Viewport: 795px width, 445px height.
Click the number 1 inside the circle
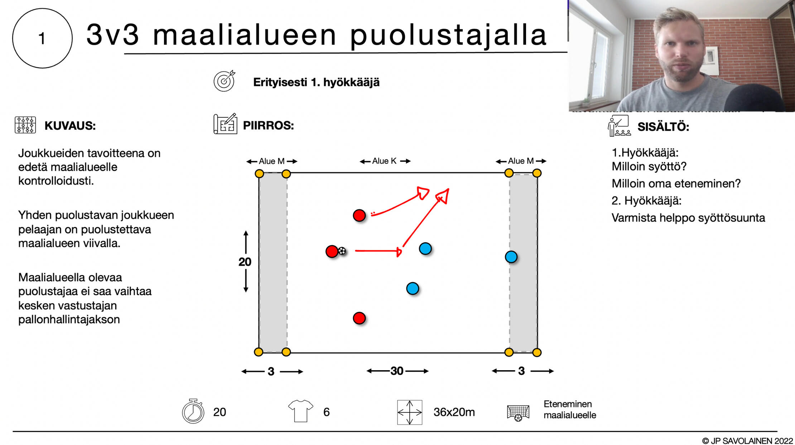[42, 38]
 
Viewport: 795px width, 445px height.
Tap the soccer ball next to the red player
[342, 251]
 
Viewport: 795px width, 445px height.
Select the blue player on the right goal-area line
[511, 257]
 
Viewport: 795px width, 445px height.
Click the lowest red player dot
[359, 318]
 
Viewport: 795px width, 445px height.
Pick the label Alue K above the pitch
[384, 161]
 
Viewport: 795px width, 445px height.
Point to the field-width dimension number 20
[245, 262]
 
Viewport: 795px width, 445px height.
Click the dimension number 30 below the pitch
[397, 371]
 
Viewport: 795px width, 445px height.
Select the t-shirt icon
[300, 411]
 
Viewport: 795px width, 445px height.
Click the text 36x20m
[454, 412]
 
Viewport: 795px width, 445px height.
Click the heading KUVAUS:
[70, 126]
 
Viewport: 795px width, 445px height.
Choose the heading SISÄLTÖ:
[663, 127]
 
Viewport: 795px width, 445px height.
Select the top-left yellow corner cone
[259, 174]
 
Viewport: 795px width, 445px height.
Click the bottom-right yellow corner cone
[536, 353]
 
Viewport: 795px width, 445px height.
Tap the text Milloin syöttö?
[649, 166]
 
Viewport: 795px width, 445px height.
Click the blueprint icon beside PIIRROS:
[225, 124]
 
